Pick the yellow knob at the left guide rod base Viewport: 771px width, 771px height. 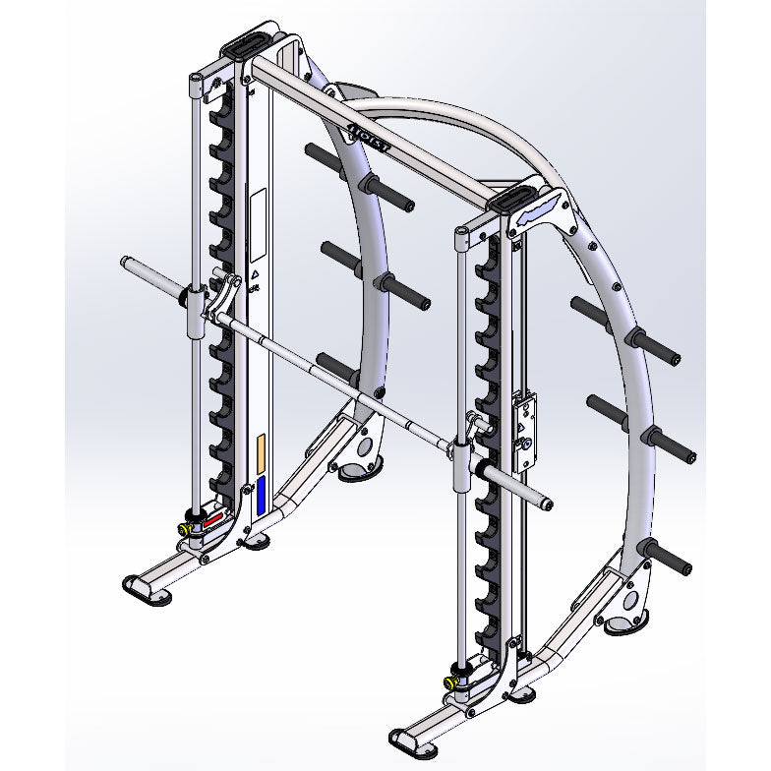[184, 528]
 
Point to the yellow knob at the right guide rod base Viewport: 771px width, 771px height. [451, 680]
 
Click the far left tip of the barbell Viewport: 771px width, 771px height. [125, 262]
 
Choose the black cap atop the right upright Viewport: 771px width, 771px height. [512, 199]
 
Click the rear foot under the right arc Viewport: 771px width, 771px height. [623, 622]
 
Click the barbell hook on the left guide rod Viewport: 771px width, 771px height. [226, 293]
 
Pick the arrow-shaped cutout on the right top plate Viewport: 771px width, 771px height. [543, 209]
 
